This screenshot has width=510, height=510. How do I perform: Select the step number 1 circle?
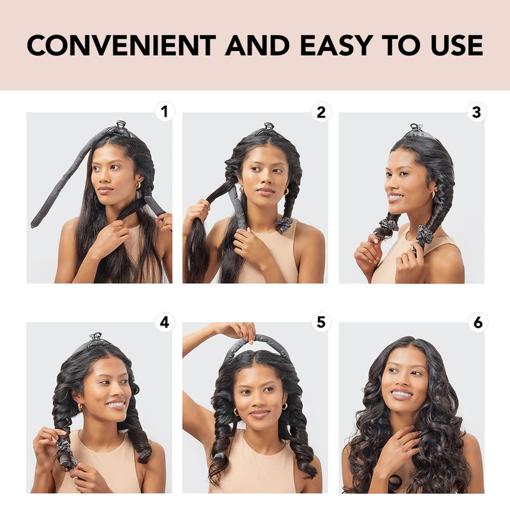tap(164, 112)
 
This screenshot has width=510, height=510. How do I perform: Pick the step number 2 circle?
tap(321, 112)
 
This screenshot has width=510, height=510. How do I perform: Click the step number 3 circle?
tap(476, 112)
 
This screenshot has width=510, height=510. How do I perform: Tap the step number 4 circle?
tap(164, 322)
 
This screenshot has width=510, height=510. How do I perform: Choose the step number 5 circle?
tap(321, 322)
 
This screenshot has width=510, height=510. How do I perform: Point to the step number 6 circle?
tap(476, 322)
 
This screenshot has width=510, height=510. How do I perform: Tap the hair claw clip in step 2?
tap(269, 127)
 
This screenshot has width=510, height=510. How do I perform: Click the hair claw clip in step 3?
tap(416, 128)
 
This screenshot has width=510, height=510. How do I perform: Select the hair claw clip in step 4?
tap(96, 337)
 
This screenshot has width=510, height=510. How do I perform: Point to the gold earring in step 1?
tap(136, 186)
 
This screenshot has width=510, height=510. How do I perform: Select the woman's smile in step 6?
tap(402, 395)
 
